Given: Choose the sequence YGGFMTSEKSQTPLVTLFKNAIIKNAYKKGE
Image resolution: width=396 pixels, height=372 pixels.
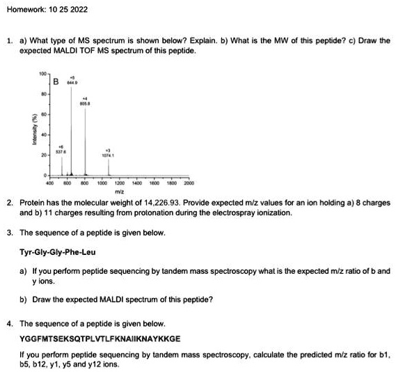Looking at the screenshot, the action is click(x=100, y=337).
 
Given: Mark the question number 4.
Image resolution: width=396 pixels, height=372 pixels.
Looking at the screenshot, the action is click(x=10, y=324).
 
